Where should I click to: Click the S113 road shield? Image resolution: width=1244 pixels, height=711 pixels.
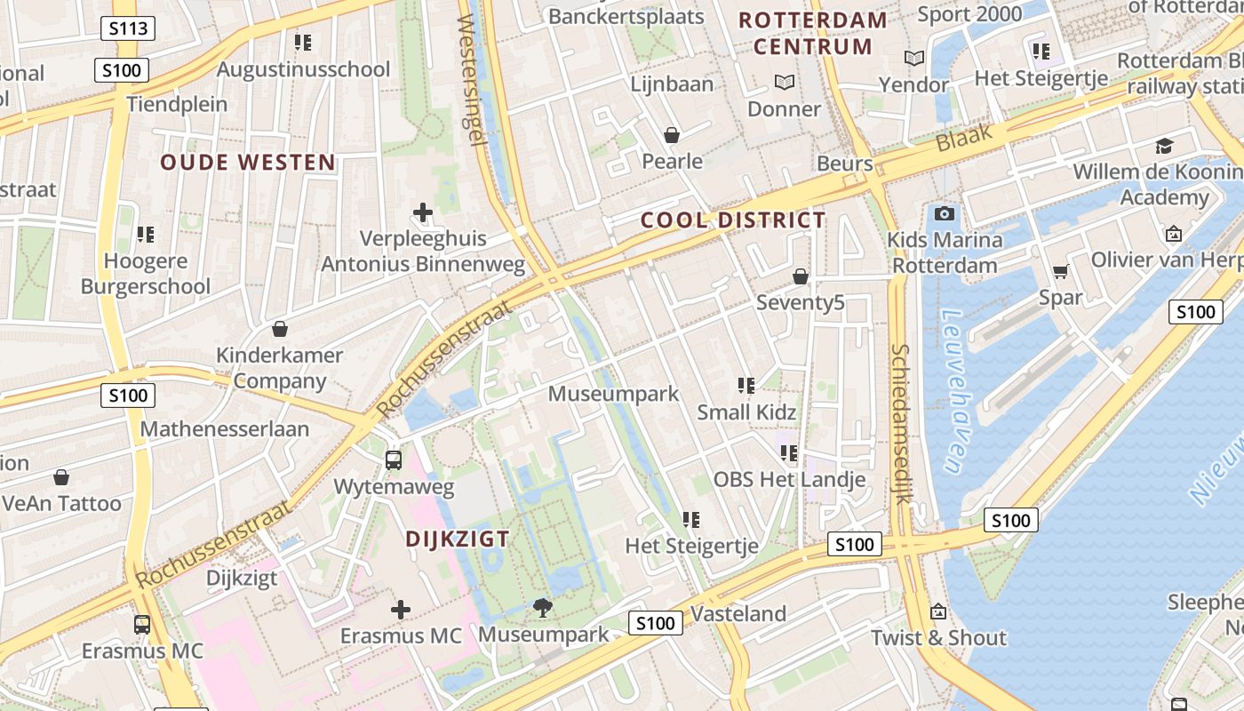coord(127,28)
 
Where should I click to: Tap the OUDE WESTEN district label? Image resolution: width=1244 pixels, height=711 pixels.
coord(248,162)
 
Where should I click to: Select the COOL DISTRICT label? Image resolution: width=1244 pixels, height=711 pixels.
coord(733,220)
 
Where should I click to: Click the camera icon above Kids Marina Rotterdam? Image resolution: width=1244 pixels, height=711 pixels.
coord(945,213)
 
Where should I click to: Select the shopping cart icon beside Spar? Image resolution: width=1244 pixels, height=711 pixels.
coord(1060,272)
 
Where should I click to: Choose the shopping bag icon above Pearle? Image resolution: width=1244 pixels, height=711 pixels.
coord(672,135)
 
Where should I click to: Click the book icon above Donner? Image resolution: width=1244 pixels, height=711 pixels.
coord(784,83)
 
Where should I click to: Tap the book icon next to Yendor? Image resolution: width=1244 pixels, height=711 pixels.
coord(914,59)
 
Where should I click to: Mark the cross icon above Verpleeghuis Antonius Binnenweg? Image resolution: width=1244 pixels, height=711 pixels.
coord(423,212)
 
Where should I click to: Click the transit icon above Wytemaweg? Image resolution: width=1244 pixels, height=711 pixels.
coord(393,460)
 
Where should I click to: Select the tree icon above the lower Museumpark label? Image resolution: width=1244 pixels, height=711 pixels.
coord(542,608)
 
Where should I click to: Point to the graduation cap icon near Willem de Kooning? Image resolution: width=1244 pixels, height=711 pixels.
coord(1164,146)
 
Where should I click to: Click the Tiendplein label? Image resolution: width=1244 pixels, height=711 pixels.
coord(177,104)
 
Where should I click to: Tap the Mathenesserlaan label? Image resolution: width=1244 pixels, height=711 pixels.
coord(225,429)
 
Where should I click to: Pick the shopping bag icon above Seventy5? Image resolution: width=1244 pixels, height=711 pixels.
coord(801,276)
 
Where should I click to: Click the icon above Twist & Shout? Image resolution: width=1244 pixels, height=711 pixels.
coord(937,611)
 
